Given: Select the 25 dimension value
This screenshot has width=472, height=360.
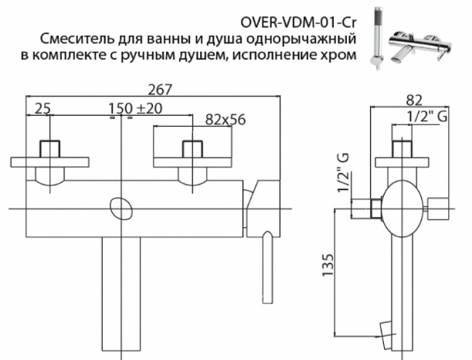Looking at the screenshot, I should tap(43, 109).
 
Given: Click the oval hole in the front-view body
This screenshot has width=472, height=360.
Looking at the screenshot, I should tap(121, 208).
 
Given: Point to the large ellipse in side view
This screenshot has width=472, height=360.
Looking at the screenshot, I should tap(401, 208).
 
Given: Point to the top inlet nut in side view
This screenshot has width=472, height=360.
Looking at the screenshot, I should tap(401, 149).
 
